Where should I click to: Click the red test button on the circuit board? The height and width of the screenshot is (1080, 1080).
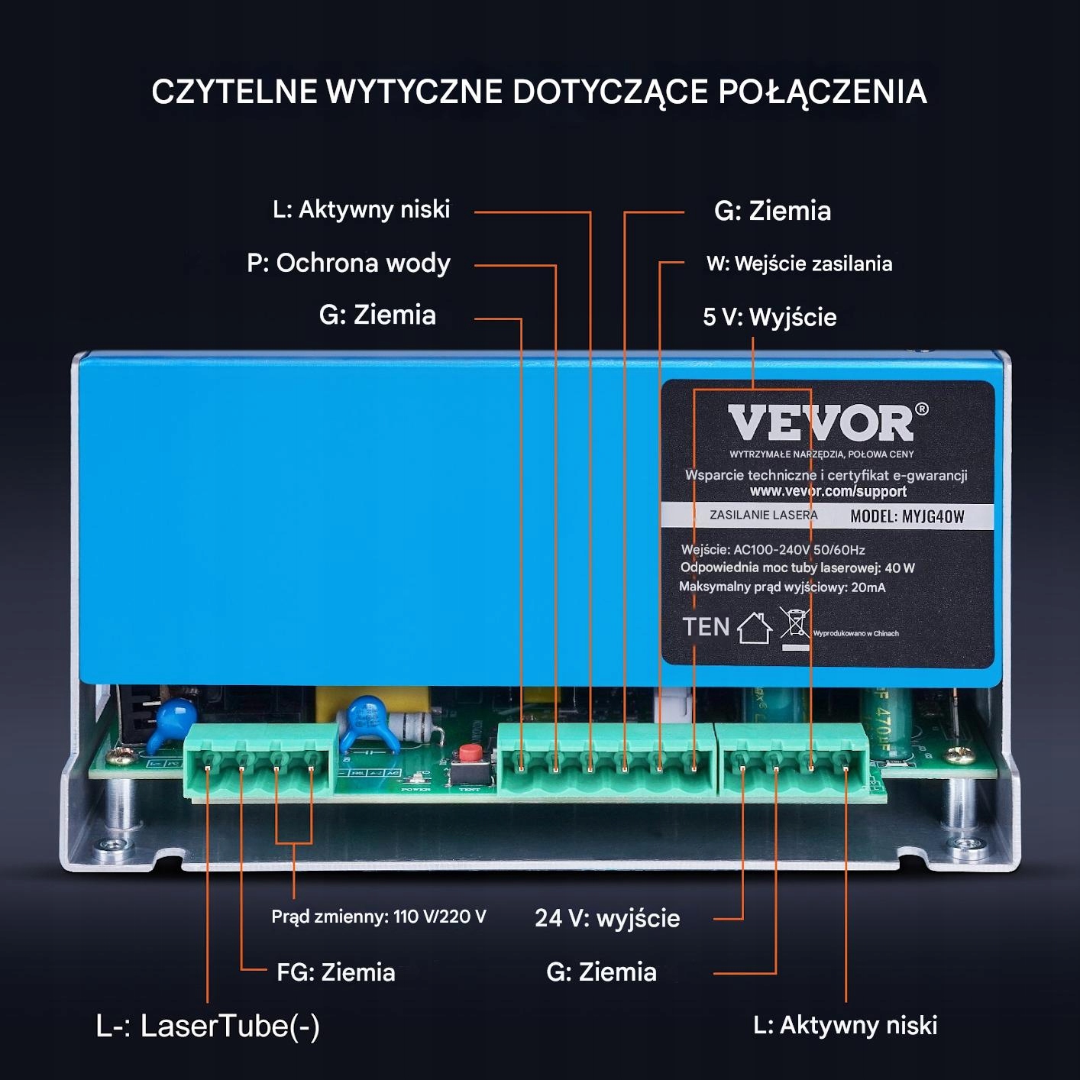[x=469, y=755]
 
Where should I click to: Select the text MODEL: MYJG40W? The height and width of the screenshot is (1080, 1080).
[x=907, y=516]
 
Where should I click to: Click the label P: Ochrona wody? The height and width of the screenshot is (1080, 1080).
[x=348, y=263]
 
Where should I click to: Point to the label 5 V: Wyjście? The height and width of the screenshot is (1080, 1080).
[x=769, y=317]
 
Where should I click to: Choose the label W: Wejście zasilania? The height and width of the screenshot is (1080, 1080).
[x=799, y=264]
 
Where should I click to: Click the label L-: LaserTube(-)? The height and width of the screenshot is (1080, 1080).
[x=208, y=1026]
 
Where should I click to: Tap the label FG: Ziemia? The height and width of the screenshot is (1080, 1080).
[x=335, y=972]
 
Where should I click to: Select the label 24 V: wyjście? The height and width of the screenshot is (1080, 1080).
[x=607, y=918]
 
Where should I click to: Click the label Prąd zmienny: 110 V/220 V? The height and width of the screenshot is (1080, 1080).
[x=378, y=917]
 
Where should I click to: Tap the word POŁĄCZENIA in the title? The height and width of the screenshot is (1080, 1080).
[x=822, y=92]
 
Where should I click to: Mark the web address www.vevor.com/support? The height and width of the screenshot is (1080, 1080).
[x=828, y=491]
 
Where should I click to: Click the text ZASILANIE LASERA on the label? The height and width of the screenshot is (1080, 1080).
[x=763, y=516]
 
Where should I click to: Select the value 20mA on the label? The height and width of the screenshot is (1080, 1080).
[x=868, y=587]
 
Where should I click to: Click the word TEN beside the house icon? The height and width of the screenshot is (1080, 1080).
[x=706, y=627]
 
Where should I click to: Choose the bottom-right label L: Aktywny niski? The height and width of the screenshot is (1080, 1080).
[x=845, y=1025]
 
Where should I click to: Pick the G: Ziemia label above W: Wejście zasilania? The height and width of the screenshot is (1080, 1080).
[x=772, y=211]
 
